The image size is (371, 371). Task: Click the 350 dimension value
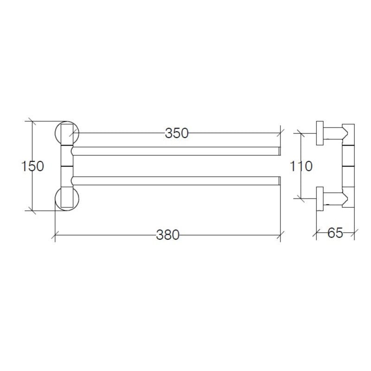pos(177,133)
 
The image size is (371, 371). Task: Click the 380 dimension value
pos(167,235)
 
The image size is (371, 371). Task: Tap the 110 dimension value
pos(301,166)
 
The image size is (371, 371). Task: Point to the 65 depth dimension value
pos(335,233)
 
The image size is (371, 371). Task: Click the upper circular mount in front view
pos(67,133)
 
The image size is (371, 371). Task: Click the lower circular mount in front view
pos(67,198)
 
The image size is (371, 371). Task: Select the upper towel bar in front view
pos(176,151)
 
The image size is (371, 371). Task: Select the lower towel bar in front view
pos(176,180)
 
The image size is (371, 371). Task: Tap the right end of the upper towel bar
pos(279,151)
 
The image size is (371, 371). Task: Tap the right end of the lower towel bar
pos(279,180)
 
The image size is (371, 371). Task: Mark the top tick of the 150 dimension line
pos(32,122)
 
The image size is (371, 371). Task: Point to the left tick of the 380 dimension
pos(55,235)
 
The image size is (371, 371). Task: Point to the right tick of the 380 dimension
pos(280,235)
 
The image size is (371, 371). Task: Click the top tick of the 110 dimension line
pos(301,133)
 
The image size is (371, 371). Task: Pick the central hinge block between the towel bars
pos(67,166)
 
